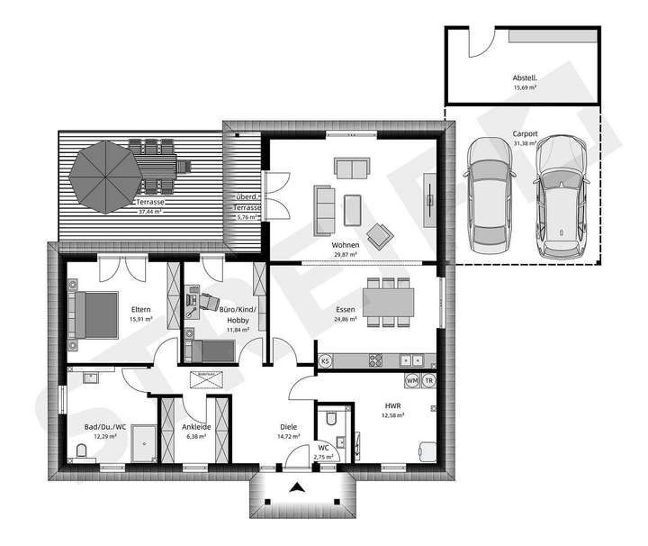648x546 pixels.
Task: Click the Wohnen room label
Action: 345,245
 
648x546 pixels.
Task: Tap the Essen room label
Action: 345,309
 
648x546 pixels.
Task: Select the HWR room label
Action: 393,405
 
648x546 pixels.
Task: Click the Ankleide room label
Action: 196,427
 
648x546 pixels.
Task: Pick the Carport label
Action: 525,133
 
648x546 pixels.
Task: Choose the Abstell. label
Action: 525,77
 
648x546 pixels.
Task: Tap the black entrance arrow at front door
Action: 298,488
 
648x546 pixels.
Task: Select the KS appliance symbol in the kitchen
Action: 326,360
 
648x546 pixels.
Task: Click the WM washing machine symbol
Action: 412,381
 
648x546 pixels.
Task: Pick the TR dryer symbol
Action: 429,381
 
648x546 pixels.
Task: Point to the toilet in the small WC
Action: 331,418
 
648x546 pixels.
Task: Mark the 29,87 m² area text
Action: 345,255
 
